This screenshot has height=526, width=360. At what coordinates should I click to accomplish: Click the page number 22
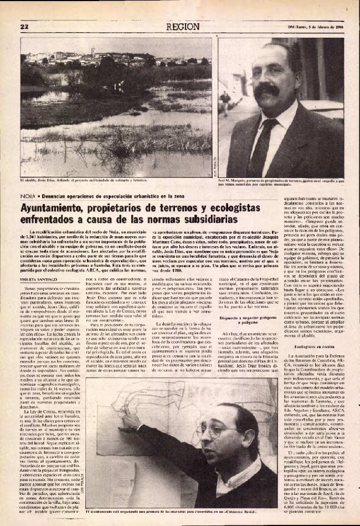(x=24, y=26)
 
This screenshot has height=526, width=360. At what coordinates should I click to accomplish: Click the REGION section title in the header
(x=182, y=26)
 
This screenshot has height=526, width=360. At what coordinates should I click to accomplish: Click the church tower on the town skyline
(x=93, y=53)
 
